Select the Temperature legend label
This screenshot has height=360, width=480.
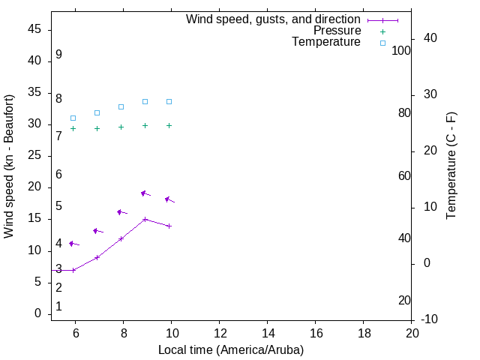(x=326, y=42)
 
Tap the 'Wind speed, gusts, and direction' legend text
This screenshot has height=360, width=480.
(x=274, y=19)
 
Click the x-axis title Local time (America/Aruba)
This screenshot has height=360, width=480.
(x=231, y=349)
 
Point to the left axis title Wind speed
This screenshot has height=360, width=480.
(x=9, y=166)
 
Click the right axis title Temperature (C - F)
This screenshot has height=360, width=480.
(x=451, y=166)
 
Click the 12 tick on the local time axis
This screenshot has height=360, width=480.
(x=219, y=333)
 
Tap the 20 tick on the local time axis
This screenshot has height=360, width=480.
(x=412, y=333)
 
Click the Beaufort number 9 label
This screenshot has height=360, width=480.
(x=58, y=55)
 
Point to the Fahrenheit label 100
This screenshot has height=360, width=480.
(x=402, y=50)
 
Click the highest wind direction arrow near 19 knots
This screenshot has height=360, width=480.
(x=145, y=193)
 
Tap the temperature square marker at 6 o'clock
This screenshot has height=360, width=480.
(x=73, y=118)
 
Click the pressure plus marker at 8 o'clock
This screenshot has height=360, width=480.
(x=121, y=127)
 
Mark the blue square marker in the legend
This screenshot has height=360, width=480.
(x=382, y=43)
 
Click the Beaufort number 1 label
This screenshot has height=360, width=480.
(x=58, y=307)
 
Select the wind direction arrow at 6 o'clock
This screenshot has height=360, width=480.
(x=73, y=244)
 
